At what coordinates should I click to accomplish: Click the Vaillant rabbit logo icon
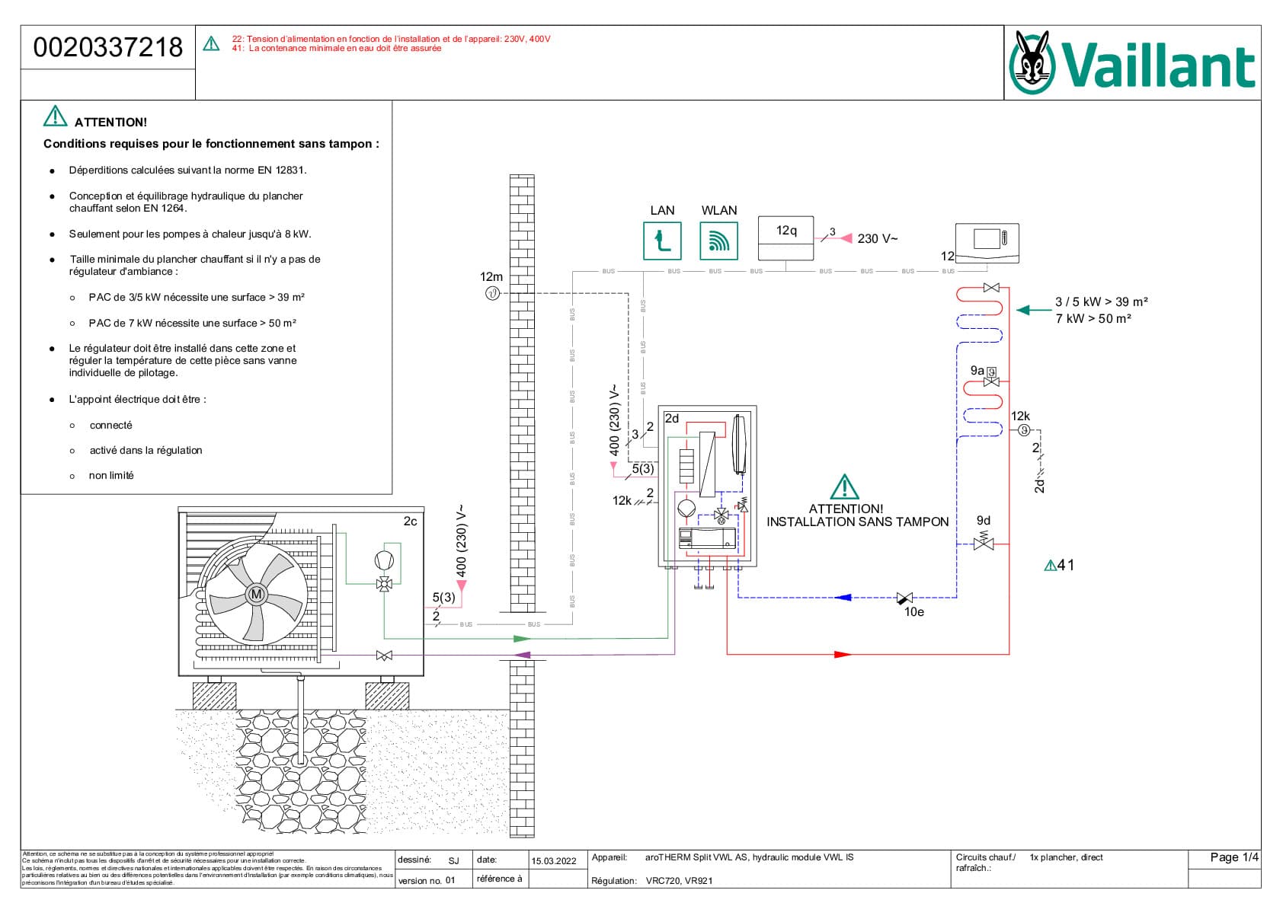(x=1032, y=62)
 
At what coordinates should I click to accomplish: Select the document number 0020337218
(x=108, y=47)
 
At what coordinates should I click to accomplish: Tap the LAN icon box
(x=662, y=241)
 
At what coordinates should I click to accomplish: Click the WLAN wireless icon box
(x=718, y=241)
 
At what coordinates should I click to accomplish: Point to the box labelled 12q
(x=785, y=238)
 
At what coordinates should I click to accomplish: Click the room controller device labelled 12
(x=987, y=243)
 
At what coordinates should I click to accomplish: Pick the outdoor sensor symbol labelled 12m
(x=492, y=293)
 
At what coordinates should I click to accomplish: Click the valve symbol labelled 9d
(x=984, y=543)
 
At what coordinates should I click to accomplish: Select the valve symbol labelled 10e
(x=905, y=598)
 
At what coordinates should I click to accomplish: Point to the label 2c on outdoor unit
(x=410, y=522)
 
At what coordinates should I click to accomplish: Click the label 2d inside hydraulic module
(x=671, y=418)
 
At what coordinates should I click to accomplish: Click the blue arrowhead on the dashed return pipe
(x=843, y=598)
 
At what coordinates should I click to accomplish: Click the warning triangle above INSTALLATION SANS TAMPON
(x=844, y=486)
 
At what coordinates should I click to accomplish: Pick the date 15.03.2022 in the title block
(x=554, y=861)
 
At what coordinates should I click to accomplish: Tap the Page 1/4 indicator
(x=1233, y=857)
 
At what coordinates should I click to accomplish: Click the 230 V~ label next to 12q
(x=877, y=239)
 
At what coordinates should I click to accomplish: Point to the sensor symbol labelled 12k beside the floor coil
(x=1024, y=431)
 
